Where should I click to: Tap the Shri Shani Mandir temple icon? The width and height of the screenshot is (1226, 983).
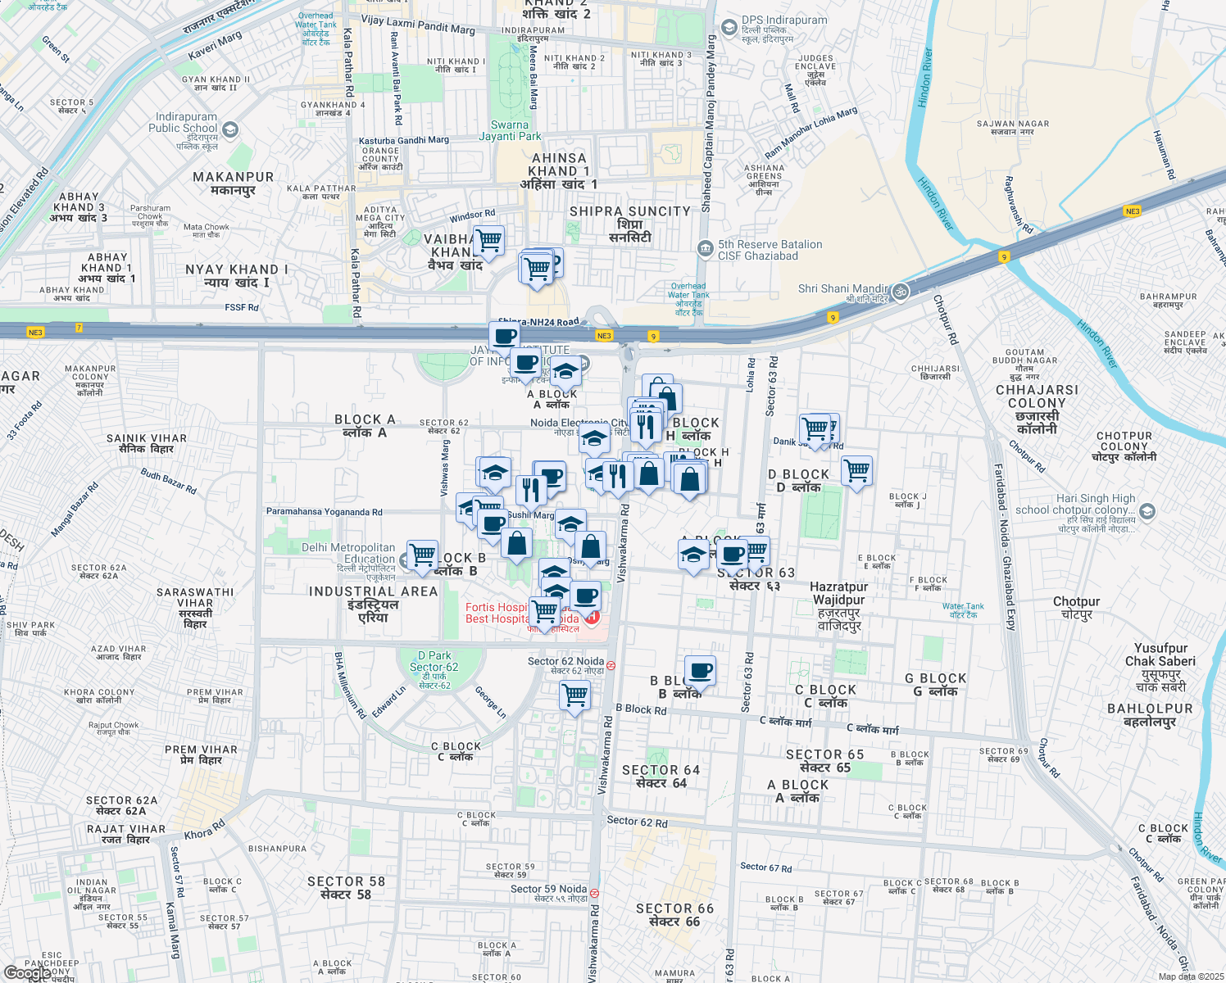tap(900, 292)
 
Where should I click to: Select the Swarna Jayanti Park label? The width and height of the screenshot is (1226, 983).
tap(510, 131)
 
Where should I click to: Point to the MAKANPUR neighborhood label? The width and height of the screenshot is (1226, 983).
tap(234, 183)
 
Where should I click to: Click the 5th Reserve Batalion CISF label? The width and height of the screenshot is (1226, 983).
tap(770, 250)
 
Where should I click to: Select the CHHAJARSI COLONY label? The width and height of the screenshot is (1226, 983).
tap(1037, 409)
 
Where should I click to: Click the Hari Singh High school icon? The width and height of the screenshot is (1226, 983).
tap(1147, 512)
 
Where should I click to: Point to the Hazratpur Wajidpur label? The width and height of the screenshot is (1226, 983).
tap(838, 606)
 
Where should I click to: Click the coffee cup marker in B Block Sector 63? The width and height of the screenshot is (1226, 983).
tap(700, 671)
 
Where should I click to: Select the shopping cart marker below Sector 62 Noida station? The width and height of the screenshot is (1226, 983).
tap(575, 695)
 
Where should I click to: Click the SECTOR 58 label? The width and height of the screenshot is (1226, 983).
tap(346, 888)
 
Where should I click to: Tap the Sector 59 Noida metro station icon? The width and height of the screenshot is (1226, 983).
tap(594, 894)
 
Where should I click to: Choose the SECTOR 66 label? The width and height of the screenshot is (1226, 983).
tap(674, 915)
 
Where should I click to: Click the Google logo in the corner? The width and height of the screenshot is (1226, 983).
tap(28, 973)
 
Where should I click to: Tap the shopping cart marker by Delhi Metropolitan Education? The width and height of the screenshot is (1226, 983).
tap(422, 555)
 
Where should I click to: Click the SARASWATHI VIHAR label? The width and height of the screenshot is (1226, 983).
tap(195, 607)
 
